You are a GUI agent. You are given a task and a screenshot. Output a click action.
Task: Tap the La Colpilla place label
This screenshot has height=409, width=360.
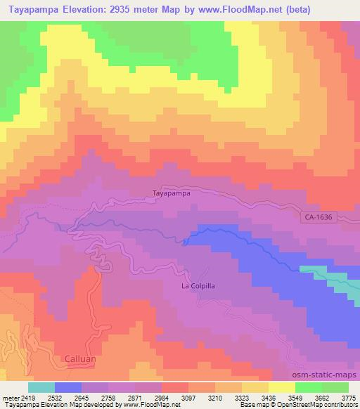[x=199, y=287]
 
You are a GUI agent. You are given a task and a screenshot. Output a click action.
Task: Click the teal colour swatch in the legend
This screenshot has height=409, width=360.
[x=41, y=387]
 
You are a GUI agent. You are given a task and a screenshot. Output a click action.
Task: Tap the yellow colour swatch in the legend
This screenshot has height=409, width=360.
[x=281, y=387]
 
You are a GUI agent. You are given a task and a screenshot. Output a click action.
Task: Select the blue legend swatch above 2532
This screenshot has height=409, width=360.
[x=68, y=387]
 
